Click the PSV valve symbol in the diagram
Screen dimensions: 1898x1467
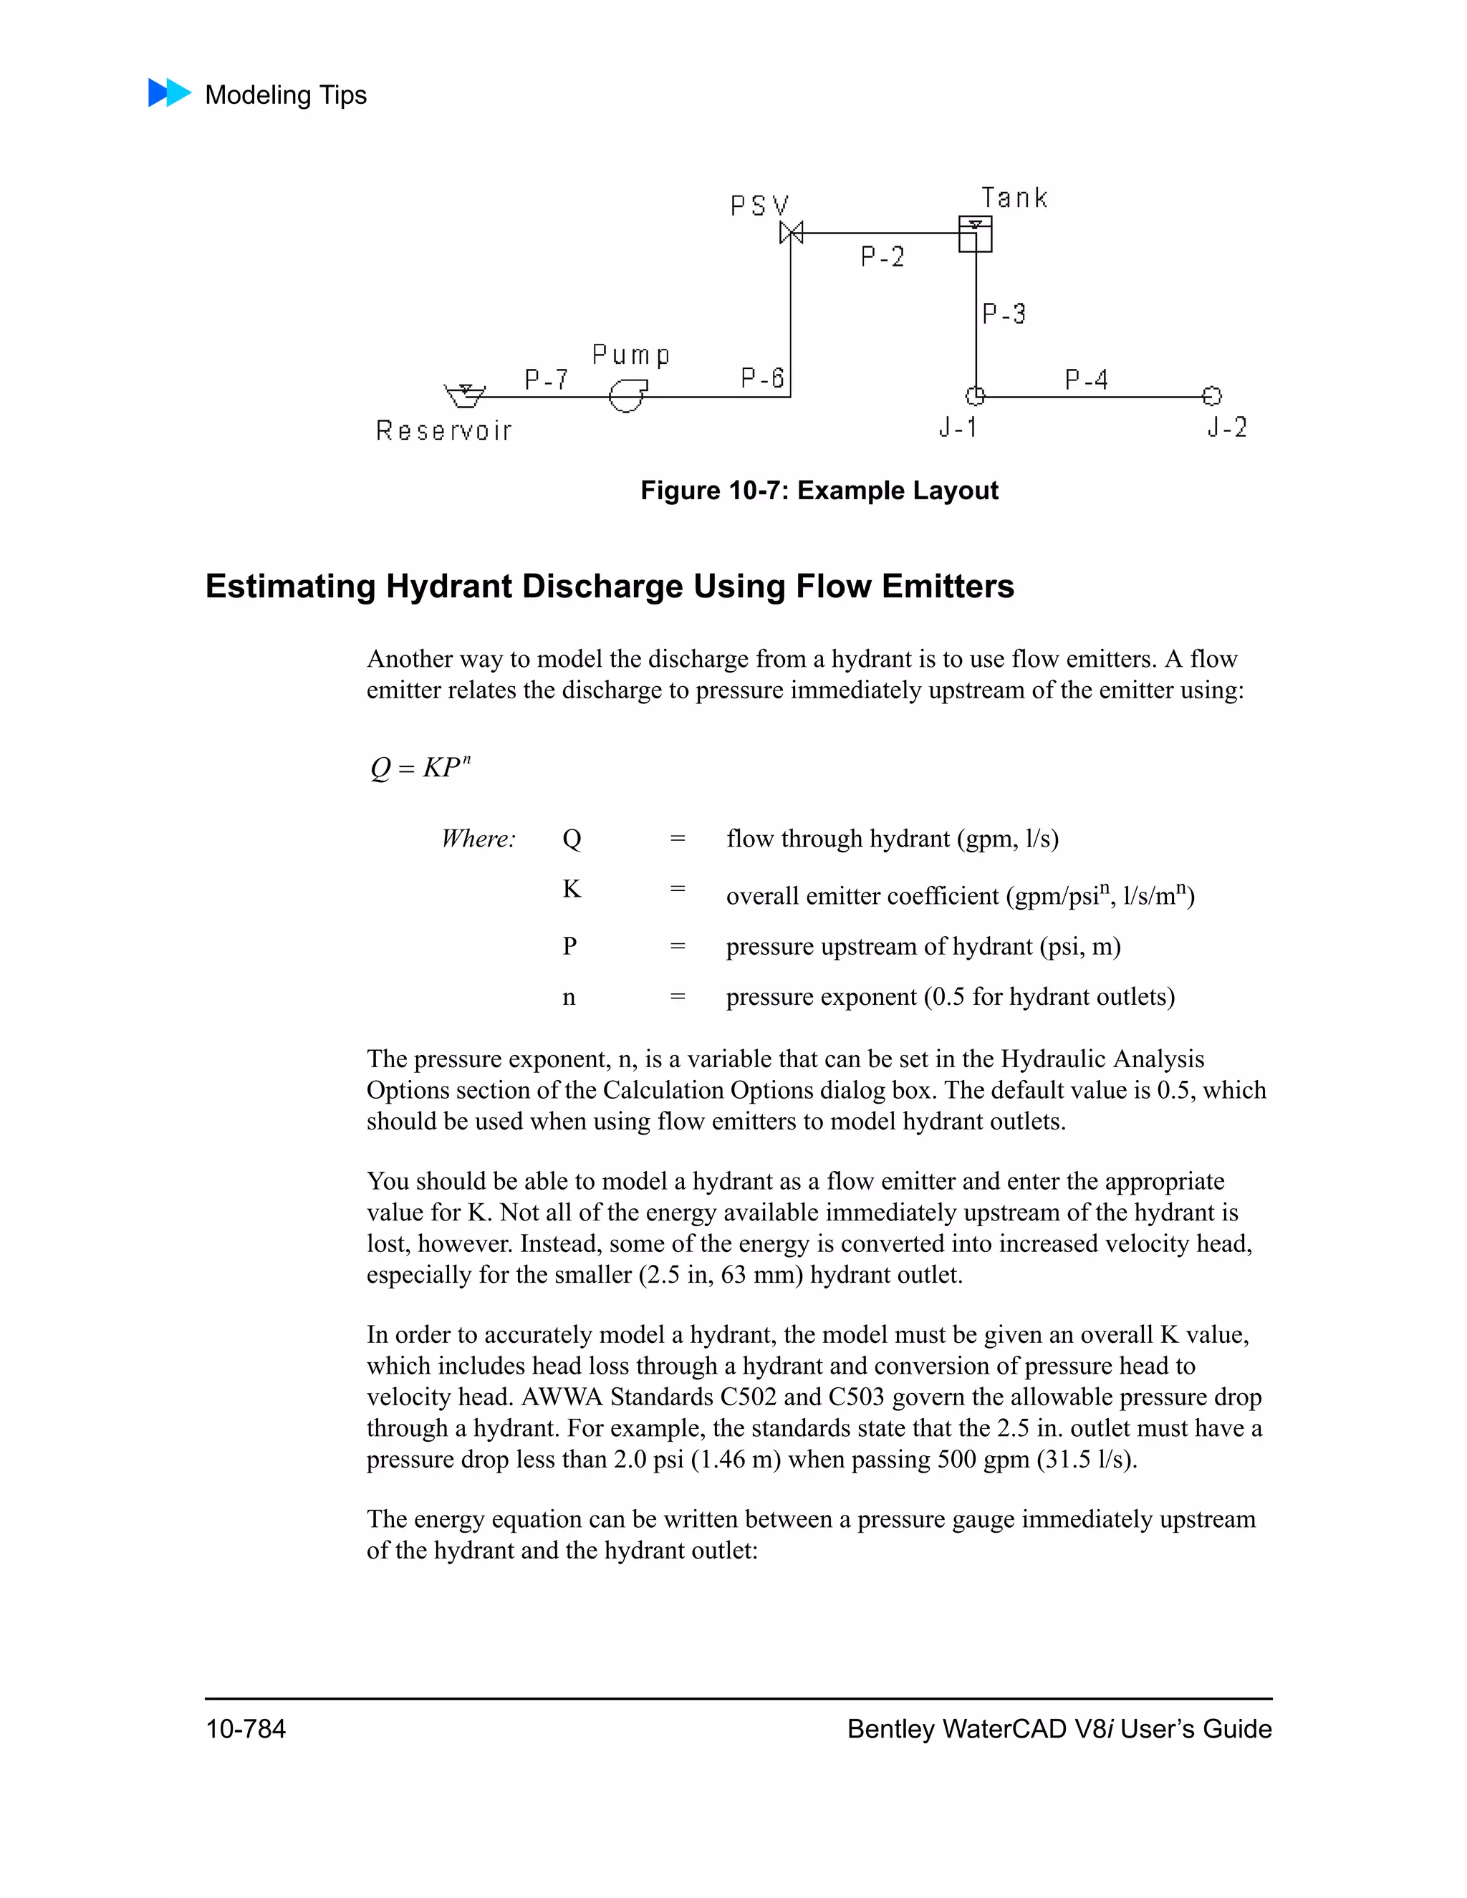[791, 233]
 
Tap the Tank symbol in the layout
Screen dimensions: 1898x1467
[975, 233]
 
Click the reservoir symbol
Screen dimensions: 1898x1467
[464, 395]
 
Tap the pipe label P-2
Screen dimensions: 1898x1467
[882, 256]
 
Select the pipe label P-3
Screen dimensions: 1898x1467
[1004, 313]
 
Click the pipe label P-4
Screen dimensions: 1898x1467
[1087, 380]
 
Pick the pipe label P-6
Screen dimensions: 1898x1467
[762, 378]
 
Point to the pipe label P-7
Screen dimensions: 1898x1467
[546, 380]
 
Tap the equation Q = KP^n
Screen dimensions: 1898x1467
[420, 767]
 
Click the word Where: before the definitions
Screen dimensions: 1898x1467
[478, 839]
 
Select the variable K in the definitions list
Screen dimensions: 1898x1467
[571, 889]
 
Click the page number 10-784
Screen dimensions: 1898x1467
[245, 1730]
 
